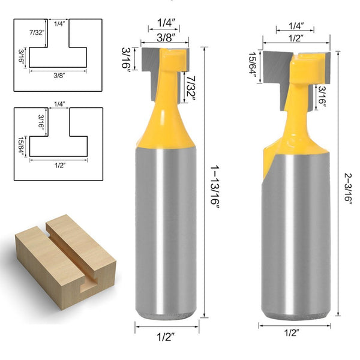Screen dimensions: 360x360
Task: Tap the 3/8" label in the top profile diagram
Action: [58, 76]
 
